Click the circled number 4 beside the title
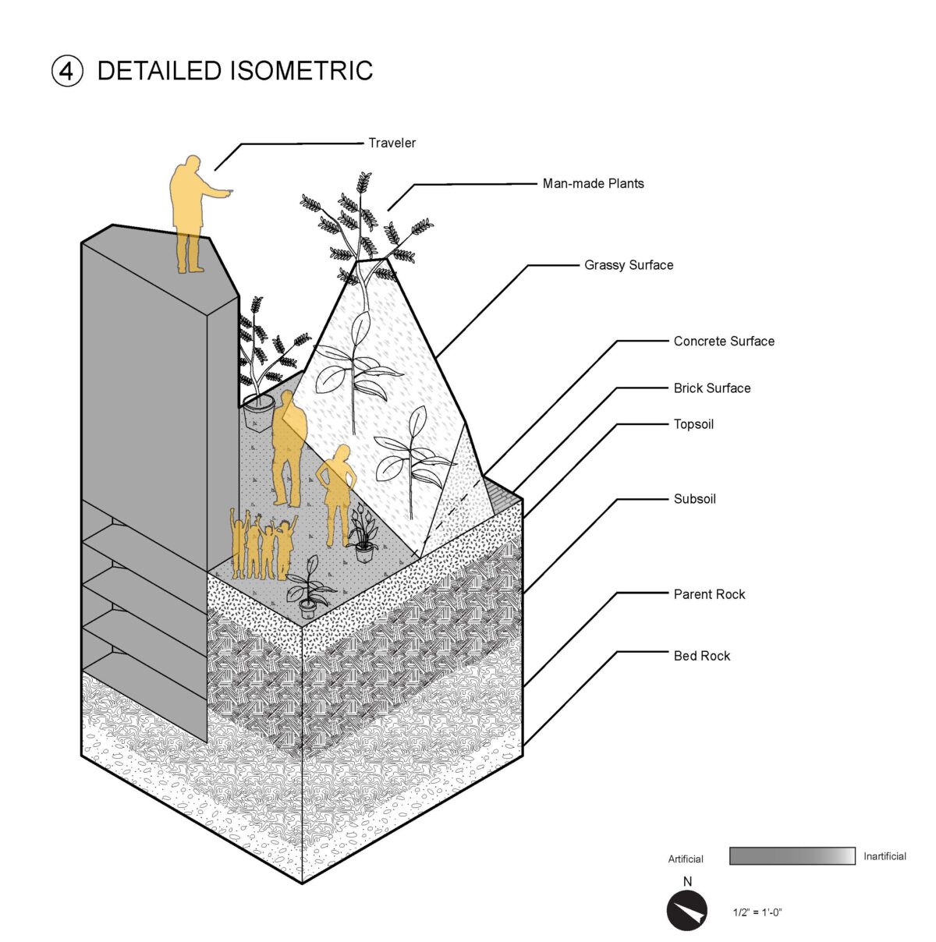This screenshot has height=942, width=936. [x=67, y=71]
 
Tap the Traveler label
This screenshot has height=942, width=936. [x=392, y=143]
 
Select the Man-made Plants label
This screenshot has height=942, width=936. [x=593, y=184]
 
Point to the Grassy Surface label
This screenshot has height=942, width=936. [x=629, y=265]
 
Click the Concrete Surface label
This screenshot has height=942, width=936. [x=724, y=342]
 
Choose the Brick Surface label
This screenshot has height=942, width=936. [x=712, y=388]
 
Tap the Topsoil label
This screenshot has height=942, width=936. [x=693, y=425]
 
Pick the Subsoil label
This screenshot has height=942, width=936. [x=694, y=499]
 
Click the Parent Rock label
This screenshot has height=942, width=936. [x=709, y=594]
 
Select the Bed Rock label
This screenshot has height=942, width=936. [x=702, y=657]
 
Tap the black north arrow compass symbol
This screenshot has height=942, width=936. [x=686, y=911]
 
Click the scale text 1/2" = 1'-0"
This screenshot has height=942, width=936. [x=757, y=912]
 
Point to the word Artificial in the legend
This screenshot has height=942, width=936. [x=686, y=859]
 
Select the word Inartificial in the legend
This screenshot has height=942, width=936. [x=885, y=856]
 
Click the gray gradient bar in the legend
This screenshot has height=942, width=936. [x=792, y=855]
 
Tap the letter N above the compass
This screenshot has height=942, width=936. [x=687, y=882]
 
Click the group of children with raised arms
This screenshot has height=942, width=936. [x=262, y=545]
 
